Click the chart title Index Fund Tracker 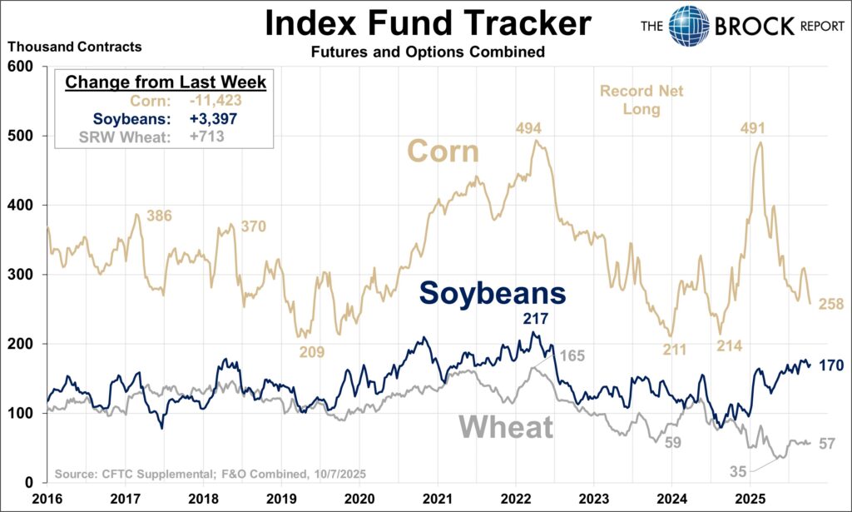[428, 22]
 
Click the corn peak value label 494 [528, 128]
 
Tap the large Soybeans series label [493, 293]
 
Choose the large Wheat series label [506, 427]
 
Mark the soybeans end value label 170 [832, 364]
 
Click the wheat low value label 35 [738, 471]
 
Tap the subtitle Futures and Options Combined [428, 52]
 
